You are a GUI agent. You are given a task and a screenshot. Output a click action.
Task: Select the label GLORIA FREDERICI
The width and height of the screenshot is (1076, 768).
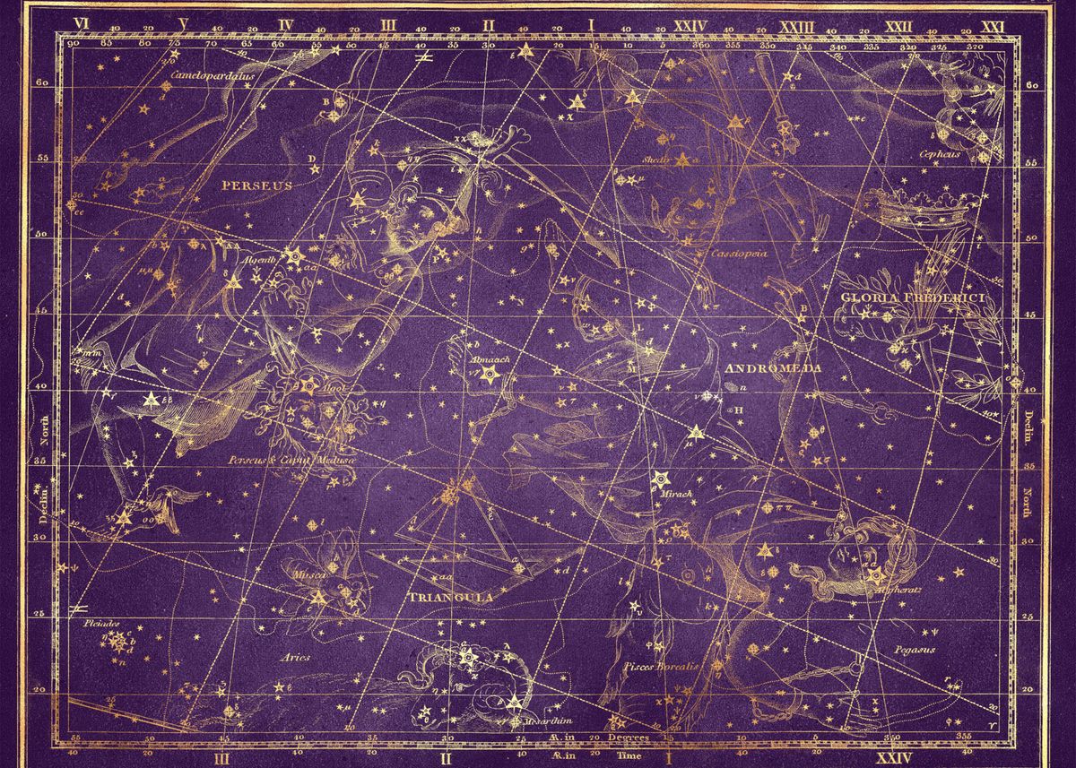(911, 297)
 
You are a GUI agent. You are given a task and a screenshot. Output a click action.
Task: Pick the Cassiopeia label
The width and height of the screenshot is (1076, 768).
(739, 254)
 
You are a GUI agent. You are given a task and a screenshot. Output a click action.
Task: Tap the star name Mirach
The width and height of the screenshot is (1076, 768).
(673, 493)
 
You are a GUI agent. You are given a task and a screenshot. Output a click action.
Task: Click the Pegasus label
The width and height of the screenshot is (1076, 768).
(915, 648)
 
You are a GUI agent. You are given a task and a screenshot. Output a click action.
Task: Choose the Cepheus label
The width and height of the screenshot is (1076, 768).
(939, 153)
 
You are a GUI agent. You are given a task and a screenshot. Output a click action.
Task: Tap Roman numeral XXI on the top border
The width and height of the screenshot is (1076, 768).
(992, 27)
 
